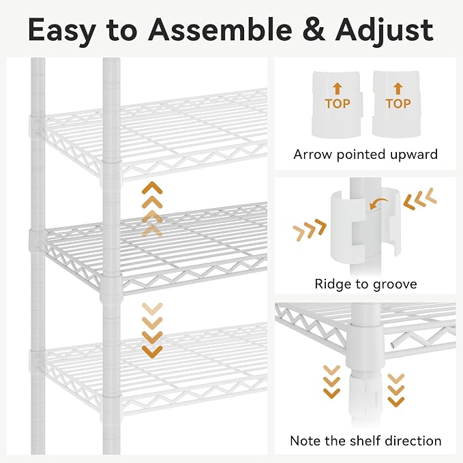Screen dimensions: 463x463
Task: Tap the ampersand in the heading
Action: [314, 30]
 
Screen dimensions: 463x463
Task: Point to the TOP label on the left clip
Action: [338, 104]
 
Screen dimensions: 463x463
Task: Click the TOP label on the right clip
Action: [398, 104]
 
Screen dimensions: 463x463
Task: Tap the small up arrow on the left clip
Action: [338, 89]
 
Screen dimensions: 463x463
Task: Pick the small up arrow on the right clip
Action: [398, 89]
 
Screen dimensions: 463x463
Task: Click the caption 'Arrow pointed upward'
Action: [365, 154]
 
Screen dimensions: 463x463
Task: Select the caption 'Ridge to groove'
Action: [365, 284]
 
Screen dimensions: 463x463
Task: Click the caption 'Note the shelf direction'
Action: [365, 441]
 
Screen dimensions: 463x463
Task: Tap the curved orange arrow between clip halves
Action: [379, 204]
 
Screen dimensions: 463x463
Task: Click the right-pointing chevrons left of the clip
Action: [310, 230]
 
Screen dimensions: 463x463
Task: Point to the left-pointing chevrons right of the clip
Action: [420, 198]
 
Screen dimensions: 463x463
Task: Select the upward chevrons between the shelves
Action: [152, 209]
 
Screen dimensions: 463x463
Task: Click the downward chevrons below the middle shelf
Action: [152, 331]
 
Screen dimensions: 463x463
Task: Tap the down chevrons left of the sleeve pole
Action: [331, 382]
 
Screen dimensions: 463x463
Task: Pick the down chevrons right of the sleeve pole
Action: [396, 390]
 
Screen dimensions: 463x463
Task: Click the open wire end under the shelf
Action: [392, 344]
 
